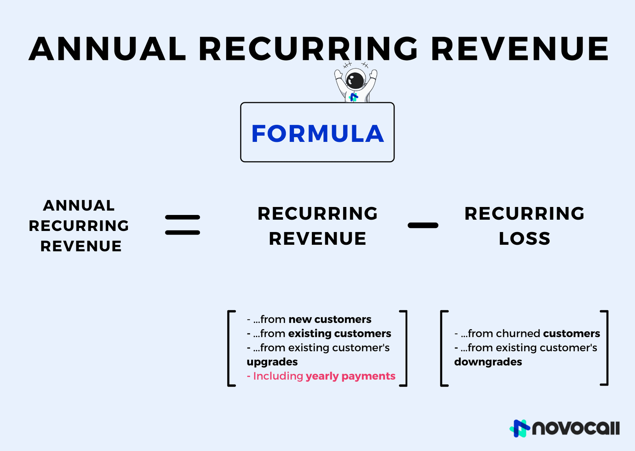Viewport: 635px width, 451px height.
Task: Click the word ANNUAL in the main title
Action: coord(108,49)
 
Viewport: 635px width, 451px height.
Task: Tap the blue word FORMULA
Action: coord(317,133)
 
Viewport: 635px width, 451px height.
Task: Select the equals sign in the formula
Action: coord(182,225)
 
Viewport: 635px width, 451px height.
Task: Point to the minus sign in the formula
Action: coord(423,225)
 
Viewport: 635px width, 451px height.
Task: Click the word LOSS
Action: coord(525,239)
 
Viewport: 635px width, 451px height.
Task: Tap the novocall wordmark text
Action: coord(576,428)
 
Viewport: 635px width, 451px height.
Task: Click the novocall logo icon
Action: coord(520,428)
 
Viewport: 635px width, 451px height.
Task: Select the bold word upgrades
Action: coord(272,362)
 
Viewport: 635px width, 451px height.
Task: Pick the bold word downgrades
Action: coord(488,362)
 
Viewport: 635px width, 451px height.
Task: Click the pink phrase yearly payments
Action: coord(350,376)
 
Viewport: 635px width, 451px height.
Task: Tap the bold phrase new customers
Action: coord(330,319)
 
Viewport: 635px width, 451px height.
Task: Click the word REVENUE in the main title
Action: coord(520,49)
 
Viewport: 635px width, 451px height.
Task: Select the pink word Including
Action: coord(278,376)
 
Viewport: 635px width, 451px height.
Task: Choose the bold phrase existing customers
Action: coord(339,334)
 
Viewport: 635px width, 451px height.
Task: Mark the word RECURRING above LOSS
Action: coord(525,213)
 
